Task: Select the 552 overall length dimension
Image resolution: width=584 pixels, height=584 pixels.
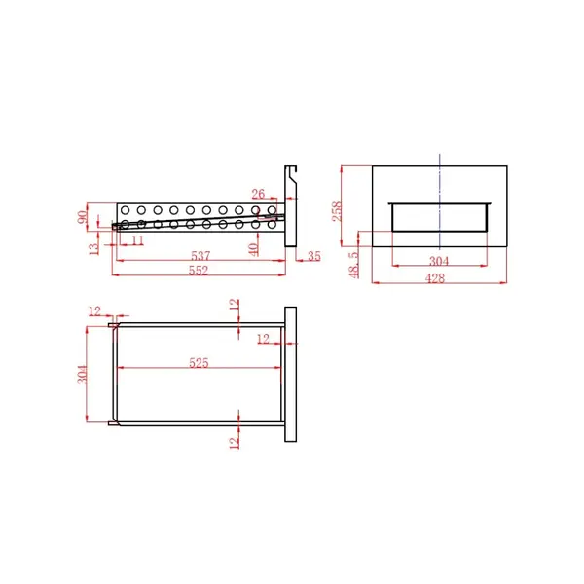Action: point(199,272)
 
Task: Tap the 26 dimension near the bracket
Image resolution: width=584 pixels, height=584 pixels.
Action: point(258,194)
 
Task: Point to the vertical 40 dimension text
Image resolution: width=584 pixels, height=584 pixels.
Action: point(254,249)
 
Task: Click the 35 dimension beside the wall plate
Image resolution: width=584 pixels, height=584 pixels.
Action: point(313,256)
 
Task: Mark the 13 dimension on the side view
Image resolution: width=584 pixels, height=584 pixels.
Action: point(93,248)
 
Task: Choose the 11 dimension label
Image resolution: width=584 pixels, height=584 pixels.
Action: point(137,239)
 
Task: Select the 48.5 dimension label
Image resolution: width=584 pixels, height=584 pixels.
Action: point(353,262)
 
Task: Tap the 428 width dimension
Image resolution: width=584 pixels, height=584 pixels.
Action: point(435,278)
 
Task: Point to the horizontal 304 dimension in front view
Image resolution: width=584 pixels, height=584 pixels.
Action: point(439,260)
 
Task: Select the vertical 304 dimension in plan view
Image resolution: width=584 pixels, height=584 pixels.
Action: point(83,374)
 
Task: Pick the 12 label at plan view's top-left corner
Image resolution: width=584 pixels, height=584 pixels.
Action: point(94,310)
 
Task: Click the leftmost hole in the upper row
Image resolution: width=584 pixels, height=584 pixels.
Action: point(124,209)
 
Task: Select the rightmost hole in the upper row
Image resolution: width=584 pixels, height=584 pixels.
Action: point(272,209)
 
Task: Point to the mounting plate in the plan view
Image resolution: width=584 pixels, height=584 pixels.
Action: point(290,374)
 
